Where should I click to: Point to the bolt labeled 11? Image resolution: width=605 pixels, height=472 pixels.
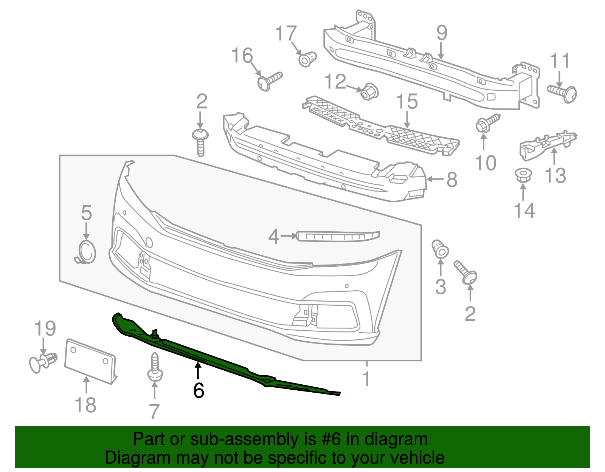(563, 92)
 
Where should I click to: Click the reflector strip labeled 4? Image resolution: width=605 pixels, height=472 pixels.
(338, 236)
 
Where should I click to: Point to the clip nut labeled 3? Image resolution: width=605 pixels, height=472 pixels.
(440, 249)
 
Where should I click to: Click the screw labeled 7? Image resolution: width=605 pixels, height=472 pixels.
(155, 367)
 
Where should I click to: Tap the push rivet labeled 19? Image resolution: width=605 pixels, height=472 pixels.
(43, 362)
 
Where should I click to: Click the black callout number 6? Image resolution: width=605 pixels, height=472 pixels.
(199, 390)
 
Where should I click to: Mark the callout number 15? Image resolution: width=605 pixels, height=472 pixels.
(407, 102)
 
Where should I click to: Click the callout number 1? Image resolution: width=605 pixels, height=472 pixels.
(366, 379)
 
